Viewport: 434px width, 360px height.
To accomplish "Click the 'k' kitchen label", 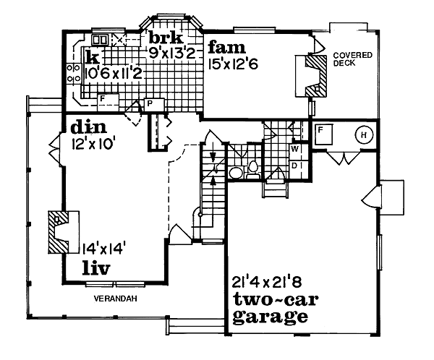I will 92,56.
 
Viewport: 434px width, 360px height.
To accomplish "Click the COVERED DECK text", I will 352,59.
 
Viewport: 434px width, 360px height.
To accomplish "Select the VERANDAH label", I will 115,298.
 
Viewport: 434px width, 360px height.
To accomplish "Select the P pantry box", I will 150,103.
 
